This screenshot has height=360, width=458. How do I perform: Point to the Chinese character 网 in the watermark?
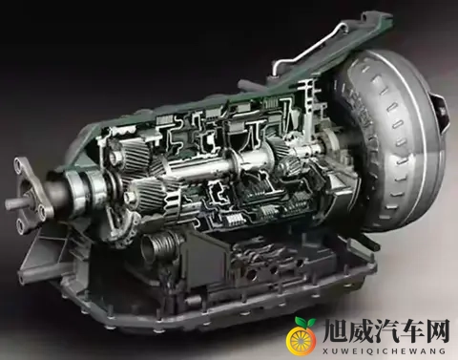click(x=437, y=333)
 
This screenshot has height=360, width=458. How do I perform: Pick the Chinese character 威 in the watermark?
click(x=360, y=333)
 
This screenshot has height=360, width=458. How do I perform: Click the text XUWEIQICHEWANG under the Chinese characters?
click(x=385, y=351)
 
